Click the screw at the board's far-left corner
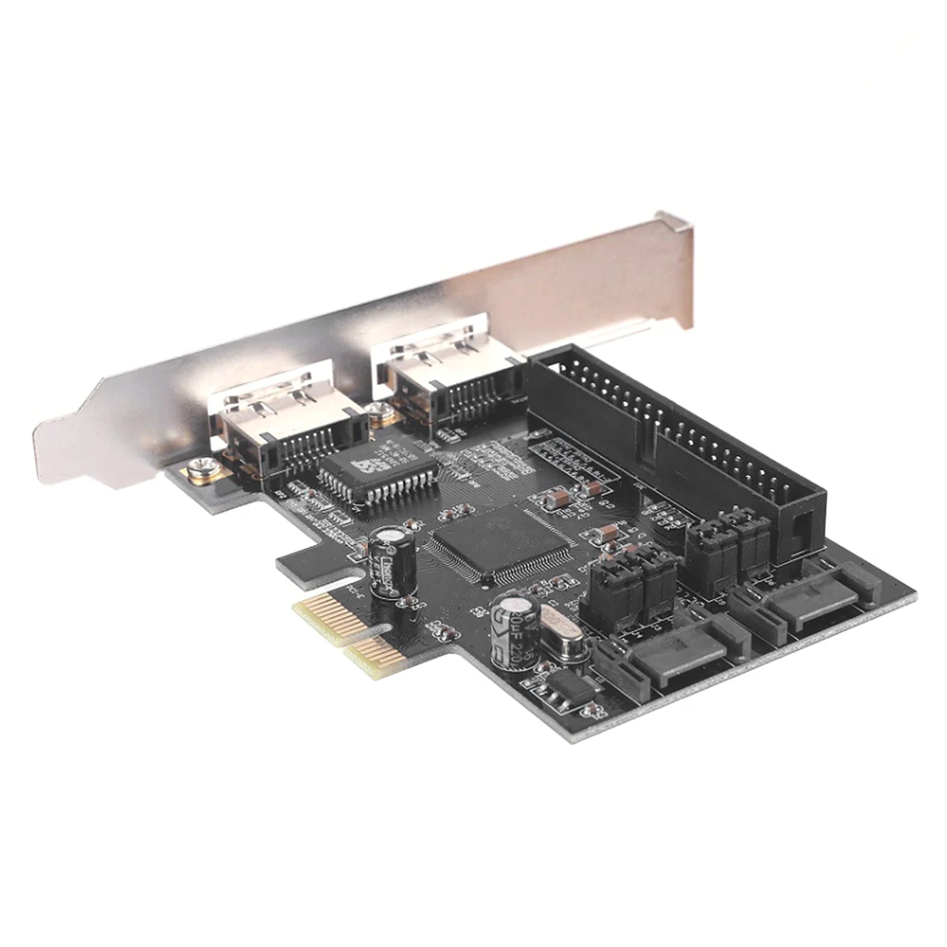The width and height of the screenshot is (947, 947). [x=201, y=467]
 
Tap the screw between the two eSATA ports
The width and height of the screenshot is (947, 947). [x=378, y=412]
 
